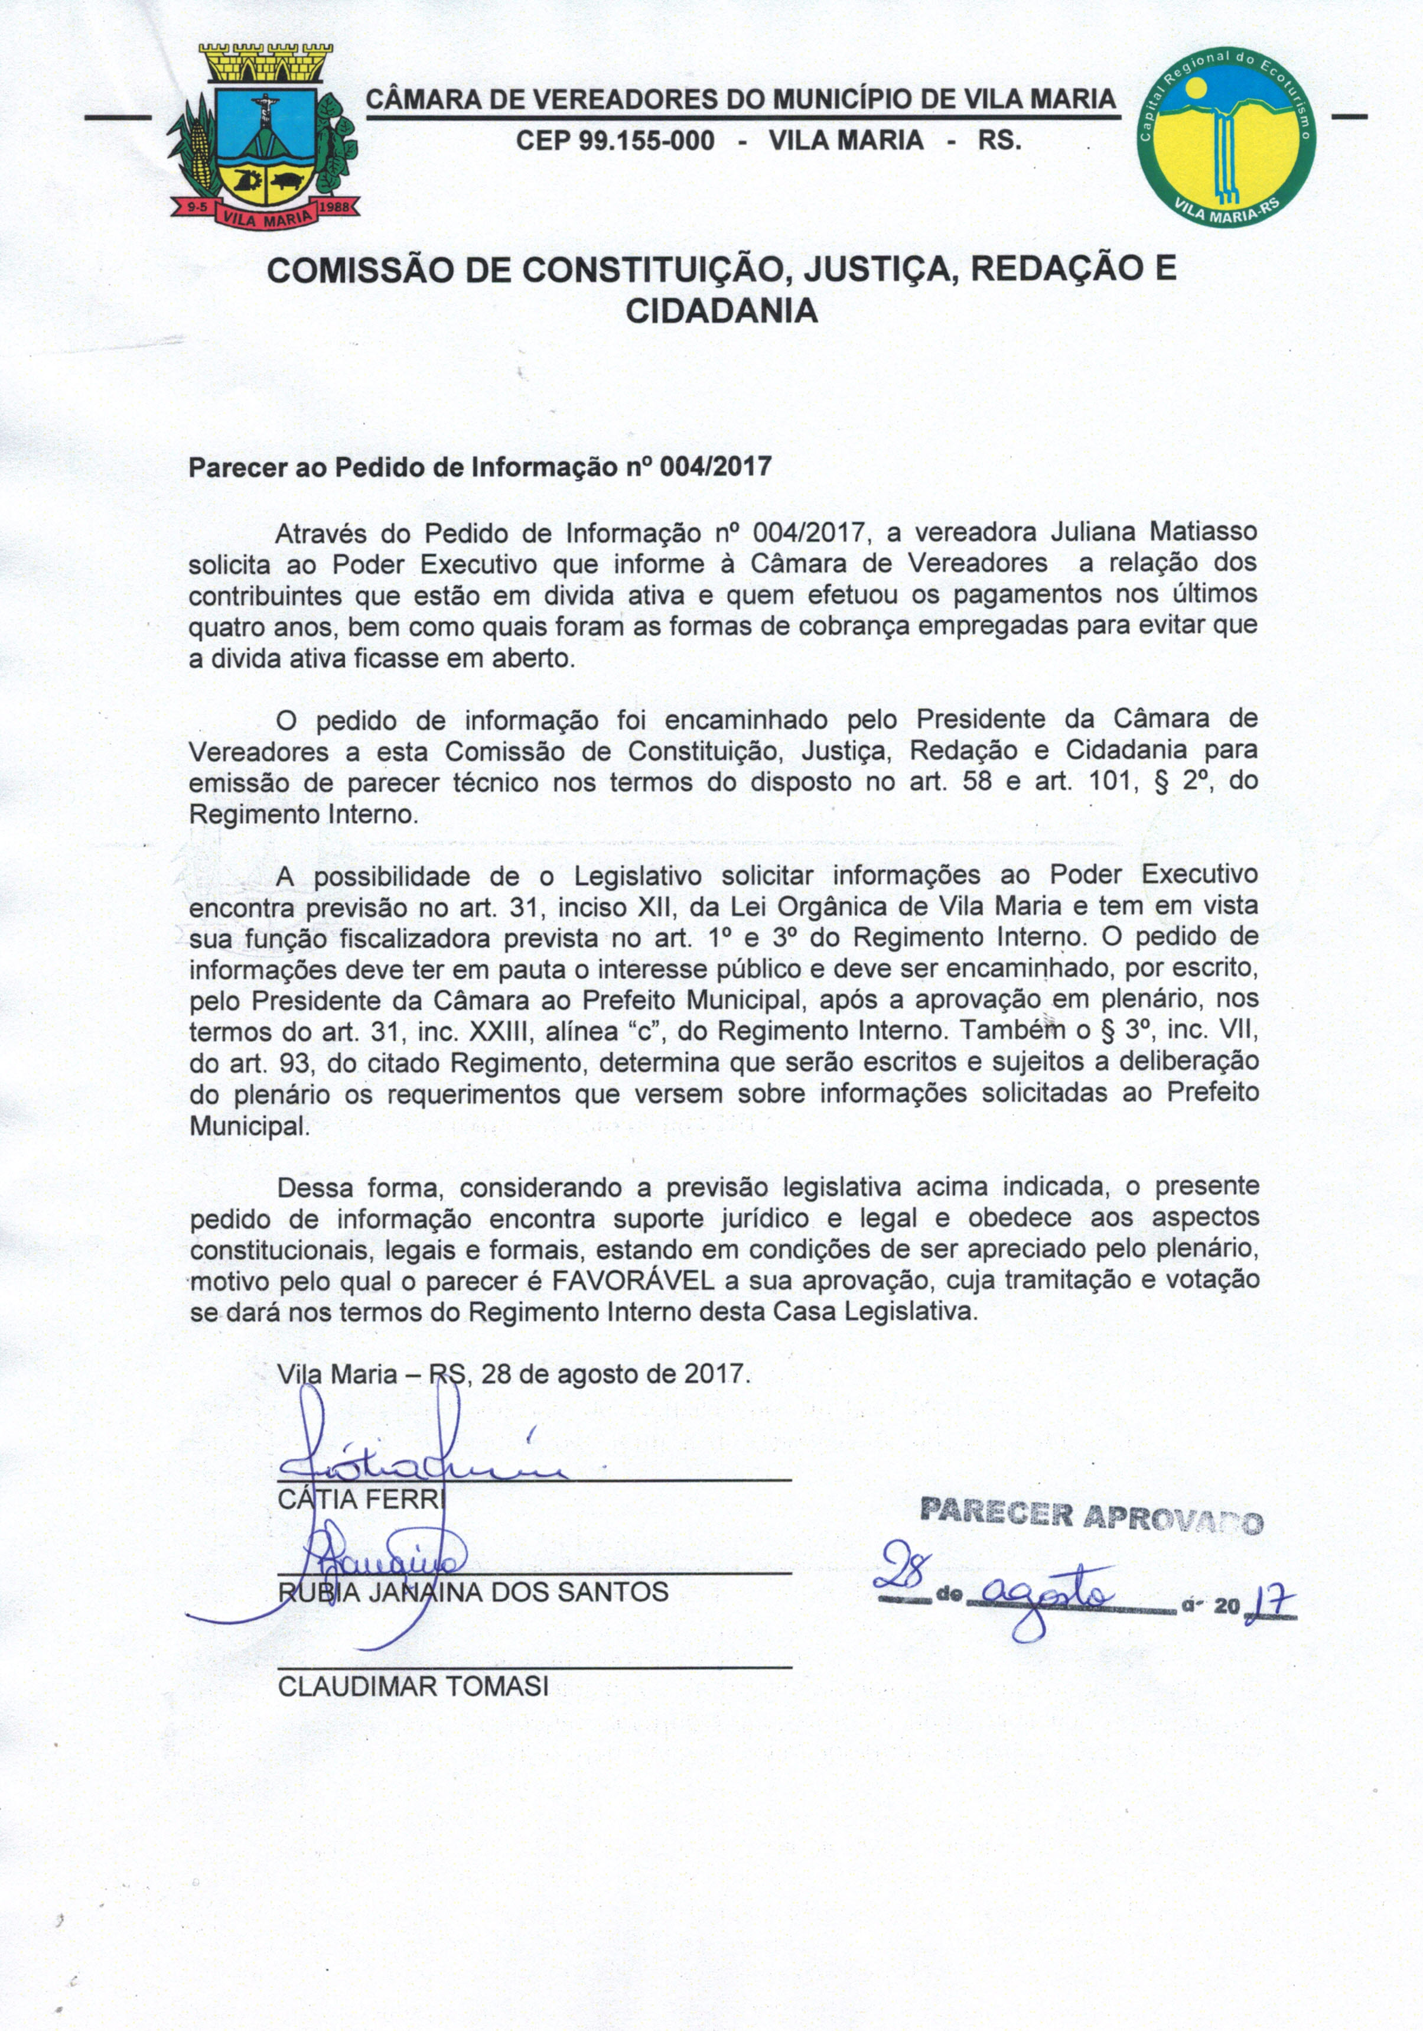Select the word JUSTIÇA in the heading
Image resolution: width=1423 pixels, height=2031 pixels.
pos(862,269)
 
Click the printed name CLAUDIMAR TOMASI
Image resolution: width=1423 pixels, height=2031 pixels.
pos(413,1686)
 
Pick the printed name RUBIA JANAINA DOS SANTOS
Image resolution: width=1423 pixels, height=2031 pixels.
pos(473,1593)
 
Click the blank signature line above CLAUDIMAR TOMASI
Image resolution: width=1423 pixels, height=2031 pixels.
pos(534,1666)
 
